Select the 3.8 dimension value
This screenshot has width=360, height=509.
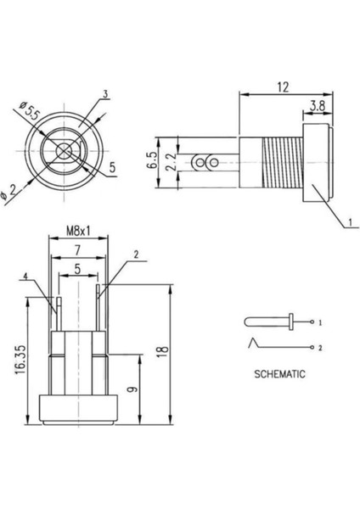318,106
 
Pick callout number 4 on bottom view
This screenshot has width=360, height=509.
26,277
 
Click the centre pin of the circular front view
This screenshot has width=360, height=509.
64,154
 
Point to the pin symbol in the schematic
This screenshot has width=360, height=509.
267,322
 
